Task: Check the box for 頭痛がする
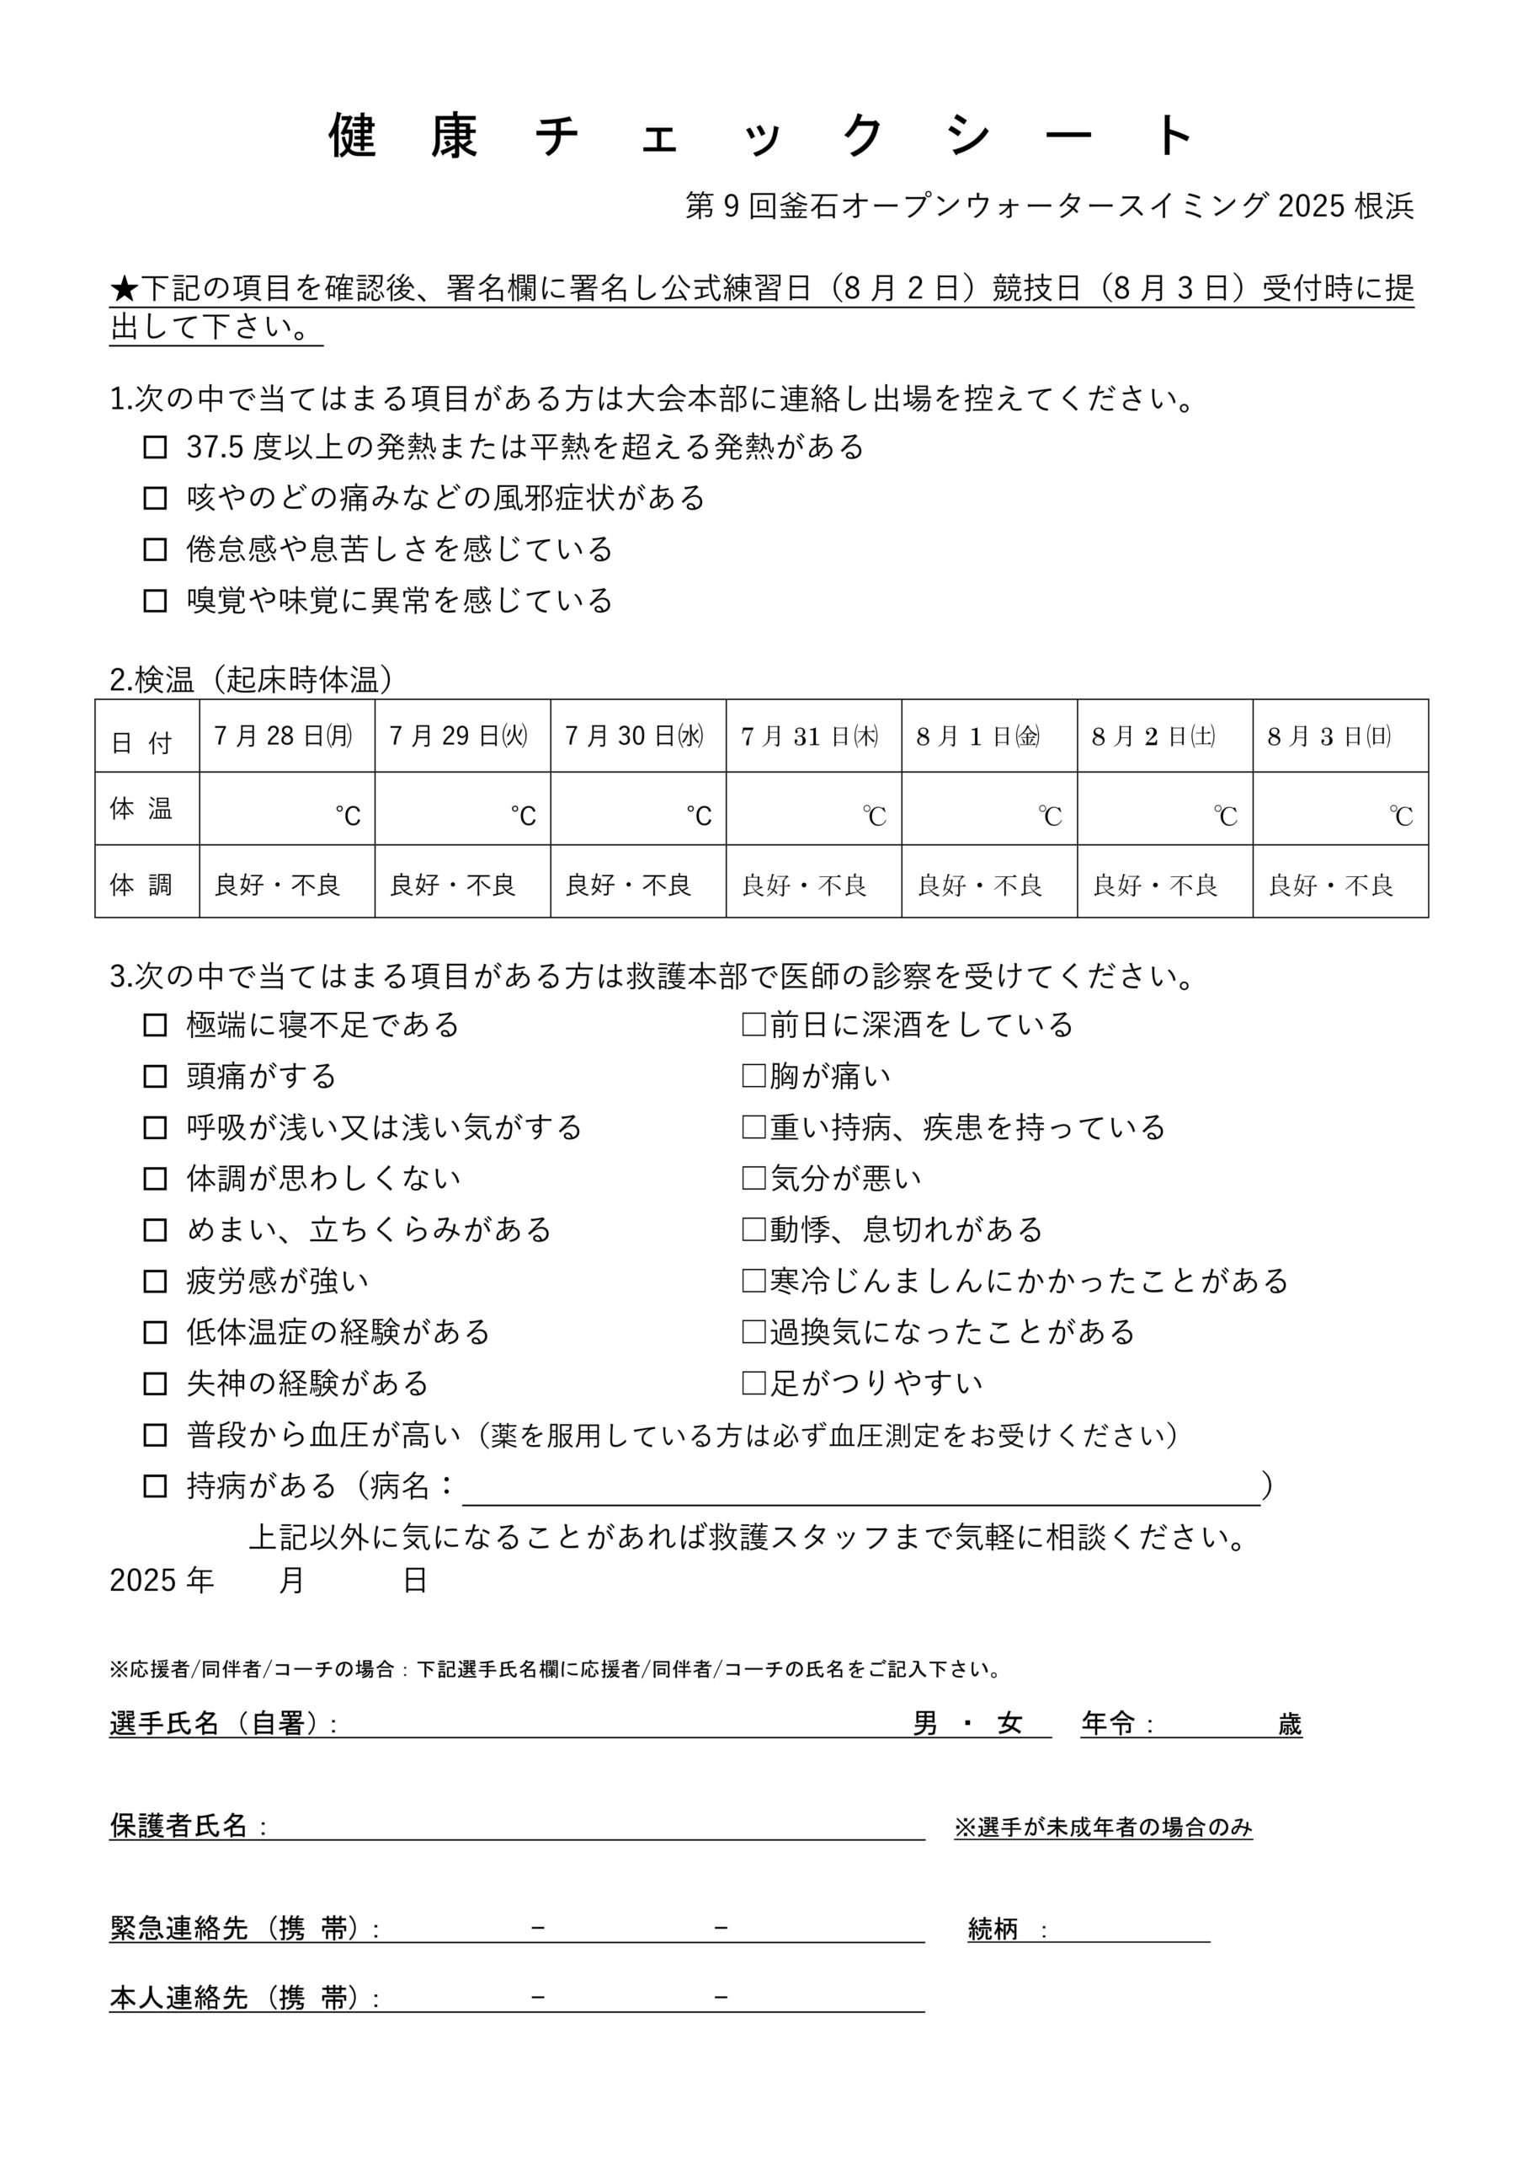coord(155,1077)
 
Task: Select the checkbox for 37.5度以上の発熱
coord(155,447)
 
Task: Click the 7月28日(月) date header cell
coord(286,736)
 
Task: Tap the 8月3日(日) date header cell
coord(1340,736)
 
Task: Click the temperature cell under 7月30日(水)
coord(637,809)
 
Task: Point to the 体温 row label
coord(141,809)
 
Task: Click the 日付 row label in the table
coord(141,742)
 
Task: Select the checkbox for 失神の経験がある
coord(155,1384)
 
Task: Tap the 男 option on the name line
coord(925,1723)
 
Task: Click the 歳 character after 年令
coord(1289,1723)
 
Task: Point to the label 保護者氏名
coord(178,1825)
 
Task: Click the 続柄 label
coord(993,1929)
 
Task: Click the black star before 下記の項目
coord(124,288)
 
